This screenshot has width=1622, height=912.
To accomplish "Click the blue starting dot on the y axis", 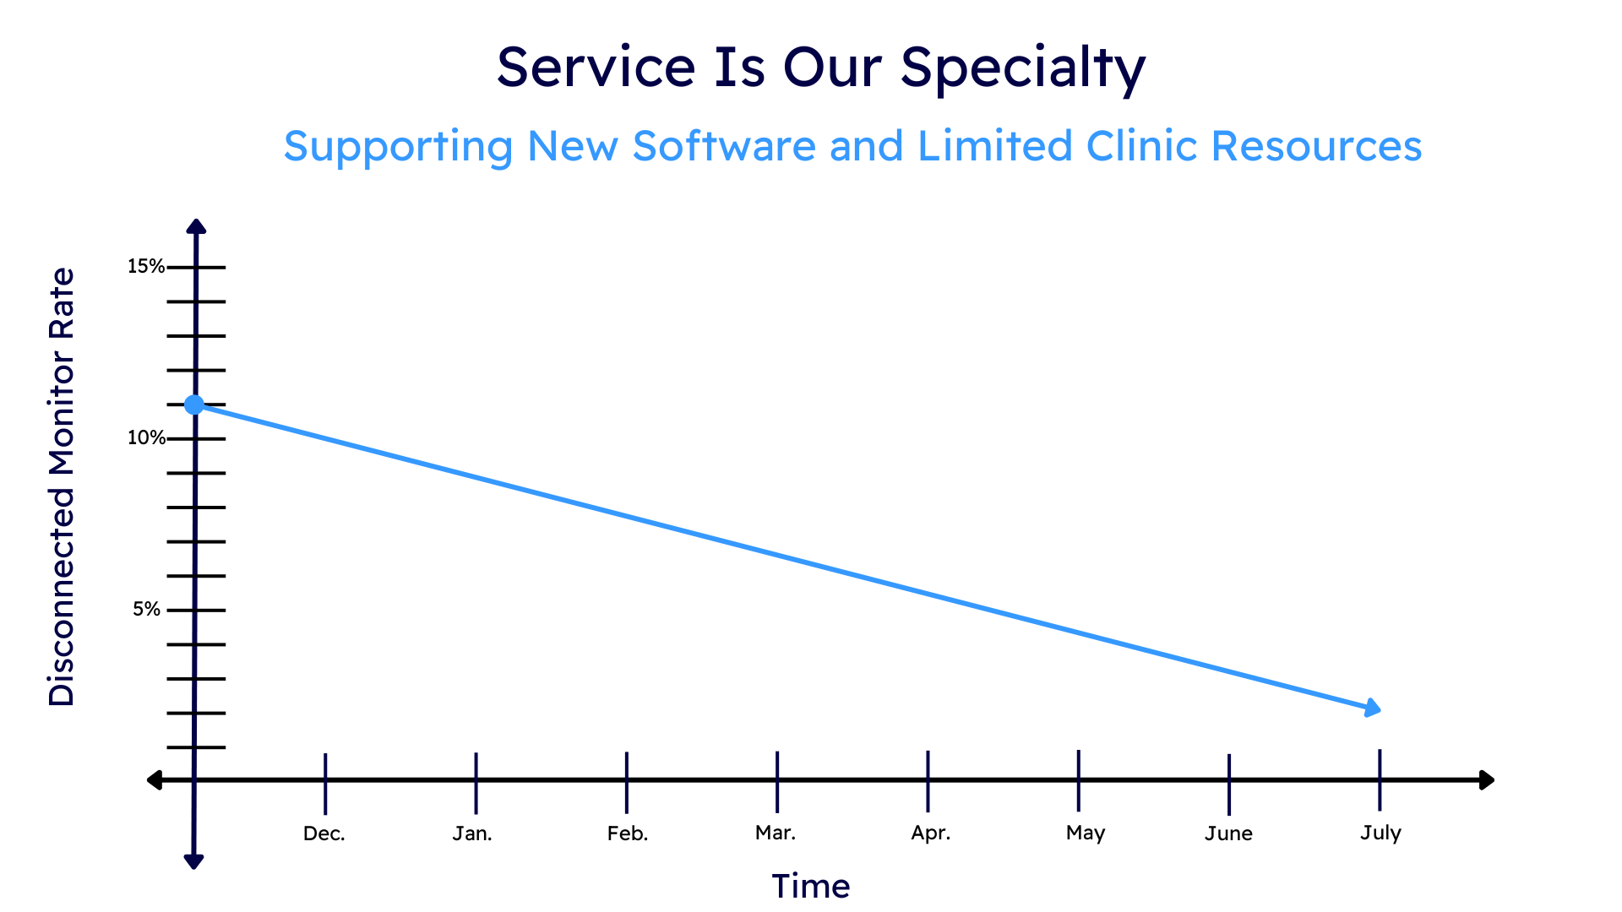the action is (194, 405).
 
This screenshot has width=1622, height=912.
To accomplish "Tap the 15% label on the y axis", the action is (146, 267).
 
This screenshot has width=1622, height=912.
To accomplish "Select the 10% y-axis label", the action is (146, 438).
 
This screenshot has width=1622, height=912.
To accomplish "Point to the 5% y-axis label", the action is (146, 610).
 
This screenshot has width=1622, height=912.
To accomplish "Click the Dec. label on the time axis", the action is (324, 834).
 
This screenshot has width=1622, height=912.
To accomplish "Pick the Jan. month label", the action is (472, 834).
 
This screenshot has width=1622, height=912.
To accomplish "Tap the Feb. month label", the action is (628, 834).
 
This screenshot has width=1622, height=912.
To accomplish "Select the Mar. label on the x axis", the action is (776, 833).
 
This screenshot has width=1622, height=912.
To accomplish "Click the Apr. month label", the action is (931, 833).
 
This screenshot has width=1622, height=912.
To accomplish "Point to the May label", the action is (1086, 833).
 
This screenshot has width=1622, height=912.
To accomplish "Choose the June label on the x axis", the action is (1228, 834).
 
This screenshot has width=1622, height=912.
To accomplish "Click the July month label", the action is (1380, 833).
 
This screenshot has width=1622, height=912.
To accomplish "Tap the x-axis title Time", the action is (811, 887).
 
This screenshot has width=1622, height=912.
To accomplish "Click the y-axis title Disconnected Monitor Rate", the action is (62, 487).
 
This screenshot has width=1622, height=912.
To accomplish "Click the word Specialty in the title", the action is (1023, 68).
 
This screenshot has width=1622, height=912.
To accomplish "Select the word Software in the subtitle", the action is (725, 146).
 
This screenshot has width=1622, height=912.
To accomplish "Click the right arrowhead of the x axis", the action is (1487, 780).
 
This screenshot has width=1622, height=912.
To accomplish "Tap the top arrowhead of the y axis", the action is (196, 226).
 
